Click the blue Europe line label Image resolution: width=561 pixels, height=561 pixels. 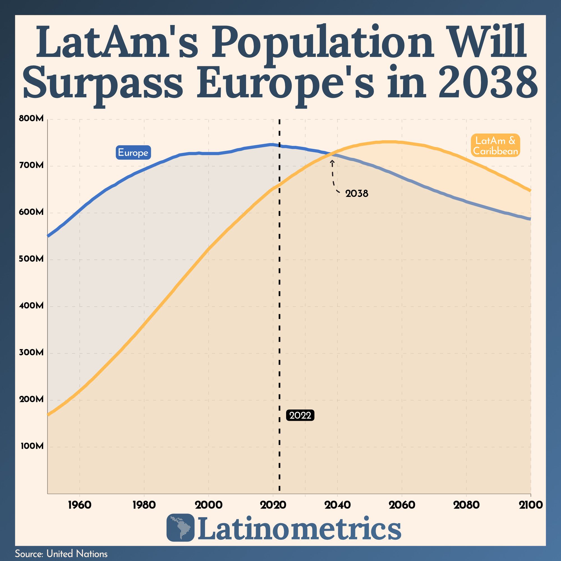point(133,152)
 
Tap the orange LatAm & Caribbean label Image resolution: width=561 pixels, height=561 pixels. point(495,146)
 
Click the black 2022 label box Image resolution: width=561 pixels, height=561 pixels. point(300,415)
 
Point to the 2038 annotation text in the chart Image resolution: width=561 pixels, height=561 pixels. point(357,194)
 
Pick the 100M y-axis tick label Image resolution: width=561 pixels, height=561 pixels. point(32,446)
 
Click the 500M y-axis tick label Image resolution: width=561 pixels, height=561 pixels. point(31,259)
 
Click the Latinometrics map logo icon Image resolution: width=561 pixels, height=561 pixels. point(180,528)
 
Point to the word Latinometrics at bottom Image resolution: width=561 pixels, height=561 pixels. point(299,527)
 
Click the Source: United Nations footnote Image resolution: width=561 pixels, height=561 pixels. point(61,554)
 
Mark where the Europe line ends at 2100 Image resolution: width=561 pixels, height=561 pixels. point(530,219)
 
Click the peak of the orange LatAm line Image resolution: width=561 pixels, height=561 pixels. point(389,142)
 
